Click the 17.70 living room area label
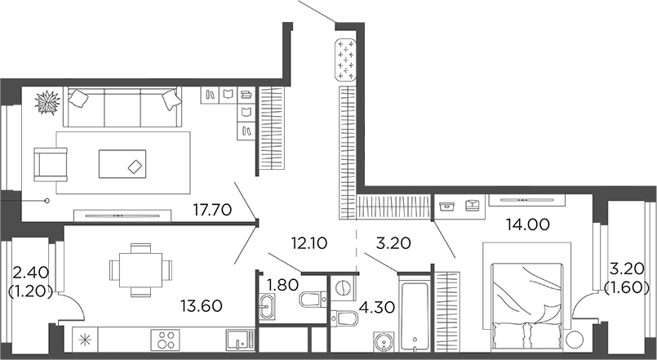point(215,210)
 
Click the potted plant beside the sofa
point(48,103)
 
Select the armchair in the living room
point(49,162)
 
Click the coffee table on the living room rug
point(122,163)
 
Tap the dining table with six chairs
point(141,269)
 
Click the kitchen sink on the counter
point(237,339)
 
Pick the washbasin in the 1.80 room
point(268,307)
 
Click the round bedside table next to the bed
point(575,339)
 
